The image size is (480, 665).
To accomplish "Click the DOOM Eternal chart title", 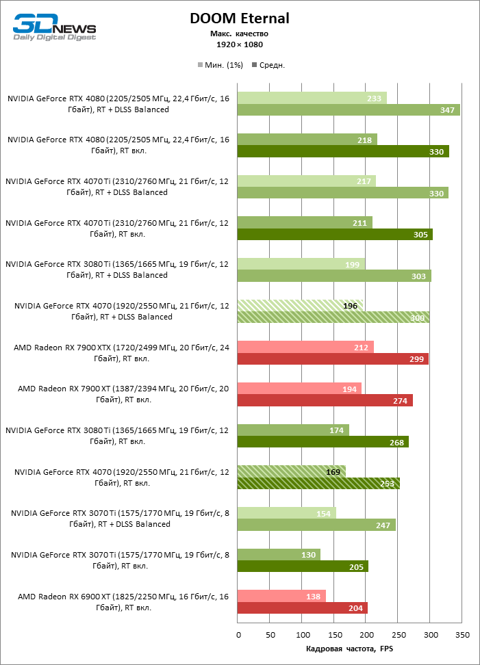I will pyautogui.click(x=240, y=18).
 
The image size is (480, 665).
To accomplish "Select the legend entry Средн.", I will pyautogui.click(x=268, y=65).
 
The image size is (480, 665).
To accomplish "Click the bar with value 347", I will pyautogui.click(x=349, y=110).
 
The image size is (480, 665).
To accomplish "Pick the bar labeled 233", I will pyautogui.click(x=312, y=98).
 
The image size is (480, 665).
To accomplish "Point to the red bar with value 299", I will pyautogui.click(x=333, y=358).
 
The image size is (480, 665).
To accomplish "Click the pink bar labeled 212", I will pyautogui.click(x=305, y=346).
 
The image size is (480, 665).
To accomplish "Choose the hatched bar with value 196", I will pyautogui.click(x=300, y=305).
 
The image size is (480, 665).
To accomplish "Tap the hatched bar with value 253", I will pyautogui.click(x=318, y=483).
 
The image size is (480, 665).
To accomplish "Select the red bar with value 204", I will pyautogui.click(x=303, y=608).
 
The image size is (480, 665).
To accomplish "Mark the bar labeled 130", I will pyautogui.click(x=279, y=554).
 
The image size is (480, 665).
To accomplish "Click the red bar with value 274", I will pyautogui.click(x=325, y=400).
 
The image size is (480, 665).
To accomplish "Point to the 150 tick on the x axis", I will pyautogui.click(x=334, y=635).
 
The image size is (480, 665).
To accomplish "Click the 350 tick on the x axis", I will pyautogui.click(x=462, y=635).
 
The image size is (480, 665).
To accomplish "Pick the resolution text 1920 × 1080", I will pyautogui.click(x=240, y=44).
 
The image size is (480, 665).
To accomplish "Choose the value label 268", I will pyautogui.click(x=396, y=441).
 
